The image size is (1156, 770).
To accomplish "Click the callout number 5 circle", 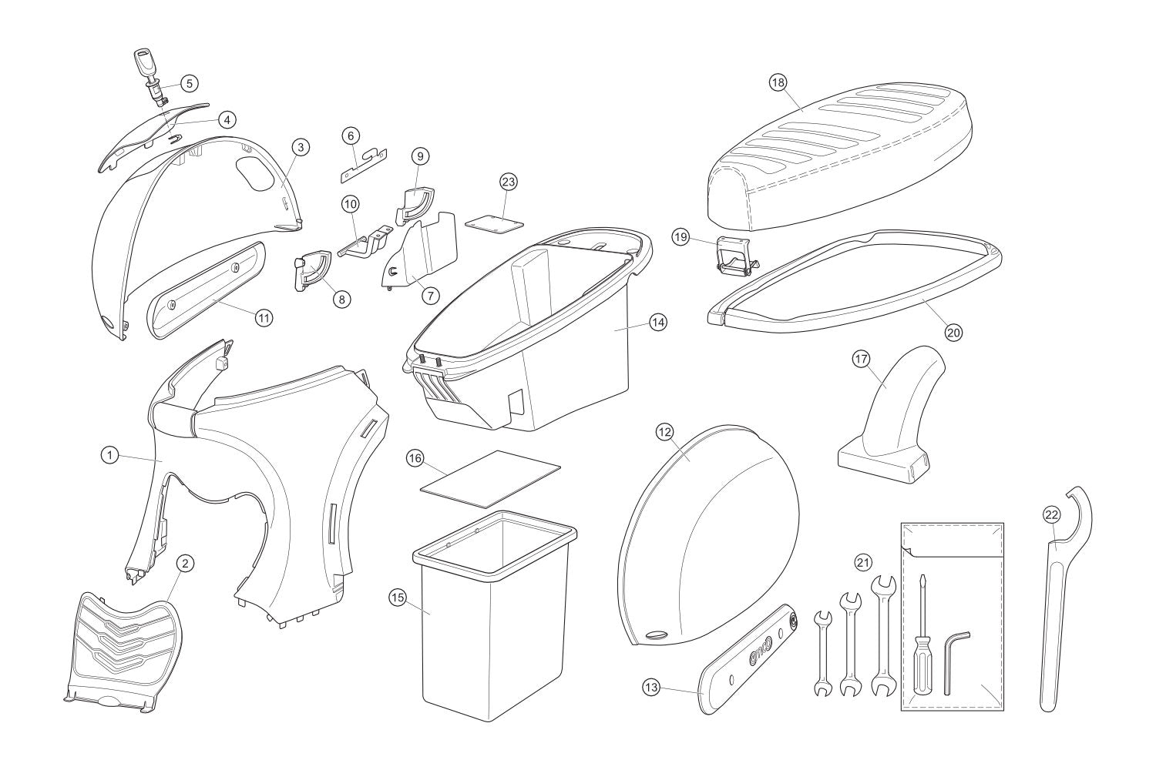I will pos(190,82).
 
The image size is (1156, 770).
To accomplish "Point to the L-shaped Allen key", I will pos(952,658).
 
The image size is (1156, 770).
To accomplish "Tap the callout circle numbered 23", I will pos(508,182).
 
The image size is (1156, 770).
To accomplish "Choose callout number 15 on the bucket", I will pos(398,597).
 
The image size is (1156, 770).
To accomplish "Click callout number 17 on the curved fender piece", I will pos(861,359).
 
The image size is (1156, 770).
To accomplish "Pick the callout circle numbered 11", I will pos(264,317).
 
